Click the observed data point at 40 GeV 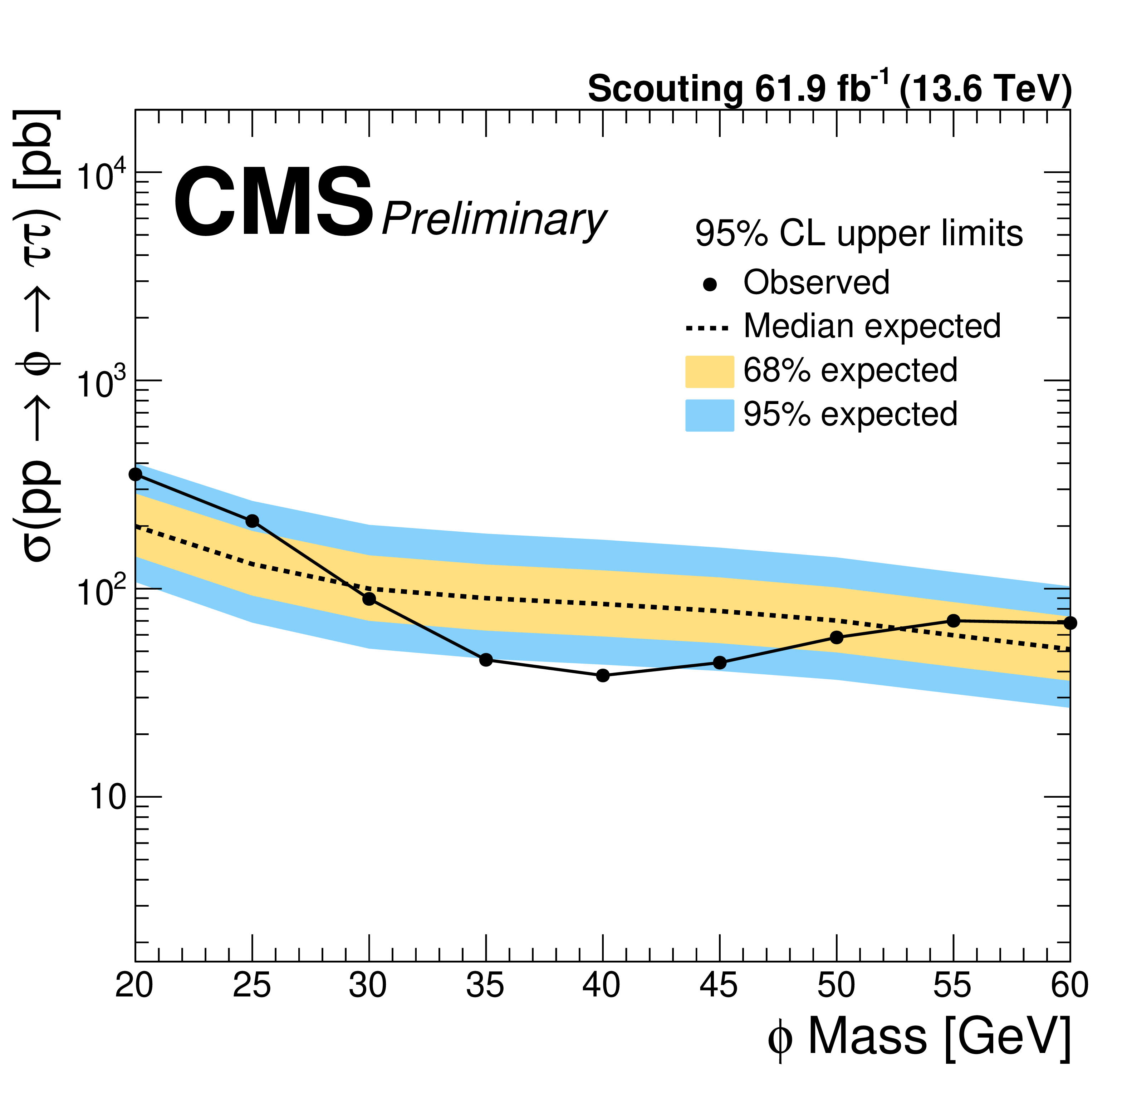603,675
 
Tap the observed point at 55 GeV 953,621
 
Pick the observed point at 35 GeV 486,660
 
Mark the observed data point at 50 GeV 837,637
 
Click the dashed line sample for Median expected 707,328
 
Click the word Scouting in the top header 665,89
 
